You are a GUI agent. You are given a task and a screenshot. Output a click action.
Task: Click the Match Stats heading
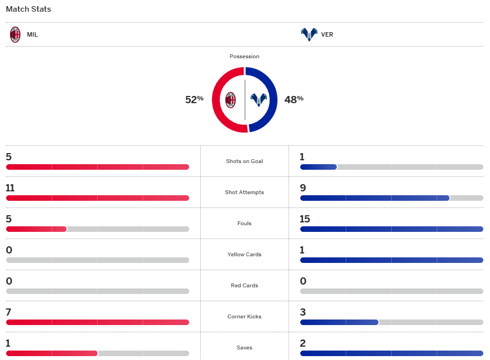tap(28, 9)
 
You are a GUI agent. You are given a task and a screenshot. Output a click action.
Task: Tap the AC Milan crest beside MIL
tap(15, 34)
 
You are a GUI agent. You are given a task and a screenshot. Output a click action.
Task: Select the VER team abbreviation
tap(327, 34)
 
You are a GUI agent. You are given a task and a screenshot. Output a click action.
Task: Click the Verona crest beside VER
tap(309, 34)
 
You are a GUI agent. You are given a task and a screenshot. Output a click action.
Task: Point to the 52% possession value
tap(194, 100)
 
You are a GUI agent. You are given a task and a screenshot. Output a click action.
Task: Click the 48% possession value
tap(294, 100)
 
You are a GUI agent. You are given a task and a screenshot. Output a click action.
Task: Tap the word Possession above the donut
tap(244, 57)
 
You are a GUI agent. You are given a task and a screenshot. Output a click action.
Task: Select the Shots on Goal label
tap(244, 161)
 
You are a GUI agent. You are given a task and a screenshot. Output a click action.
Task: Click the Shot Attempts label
tap(244, 192)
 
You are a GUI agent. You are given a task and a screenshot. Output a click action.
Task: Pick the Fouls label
tap(244, 224)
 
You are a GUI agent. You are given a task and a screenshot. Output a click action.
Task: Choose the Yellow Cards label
tap(244, 255)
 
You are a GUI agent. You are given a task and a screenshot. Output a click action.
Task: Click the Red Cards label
tap(244, 286)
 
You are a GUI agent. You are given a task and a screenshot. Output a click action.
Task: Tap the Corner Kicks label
tap(244, 317)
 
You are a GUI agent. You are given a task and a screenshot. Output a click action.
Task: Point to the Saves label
tap(244, 348)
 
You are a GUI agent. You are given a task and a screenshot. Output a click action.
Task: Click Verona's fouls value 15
tap(305, 219)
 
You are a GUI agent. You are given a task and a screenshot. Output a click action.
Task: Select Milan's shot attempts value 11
tap(10, 188)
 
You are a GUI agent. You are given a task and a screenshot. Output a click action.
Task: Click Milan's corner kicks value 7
tap(9, 312)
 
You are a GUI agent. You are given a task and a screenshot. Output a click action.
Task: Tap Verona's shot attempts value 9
tap(302, 188)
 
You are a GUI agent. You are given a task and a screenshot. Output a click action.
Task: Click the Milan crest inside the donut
tap(230, 100)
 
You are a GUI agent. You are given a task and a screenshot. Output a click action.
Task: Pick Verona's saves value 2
tap(302, 343)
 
